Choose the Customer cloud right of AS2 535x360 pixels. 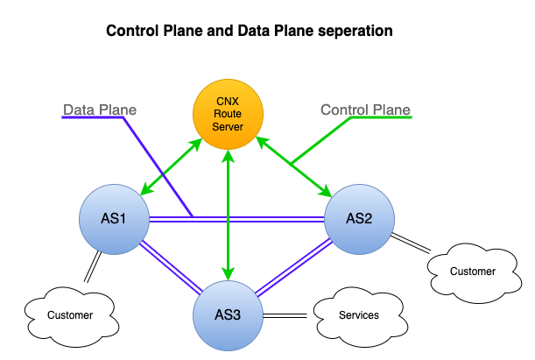(472, 272)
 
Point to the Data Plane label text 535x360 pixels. (100, 110)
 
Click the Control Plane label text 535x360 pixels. (365, 110)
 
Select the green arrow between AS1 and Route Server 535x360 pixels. (171, 162)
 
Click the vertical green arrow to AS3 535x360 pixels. (228, 210)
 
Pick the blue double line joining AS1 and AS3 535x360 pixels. (171, 267)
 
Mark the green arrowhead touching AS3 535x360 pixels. (228, 272)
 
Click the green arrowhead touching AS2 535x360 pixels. (324, 190)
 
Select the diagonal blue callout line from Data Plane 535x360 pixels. (158, 166)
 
